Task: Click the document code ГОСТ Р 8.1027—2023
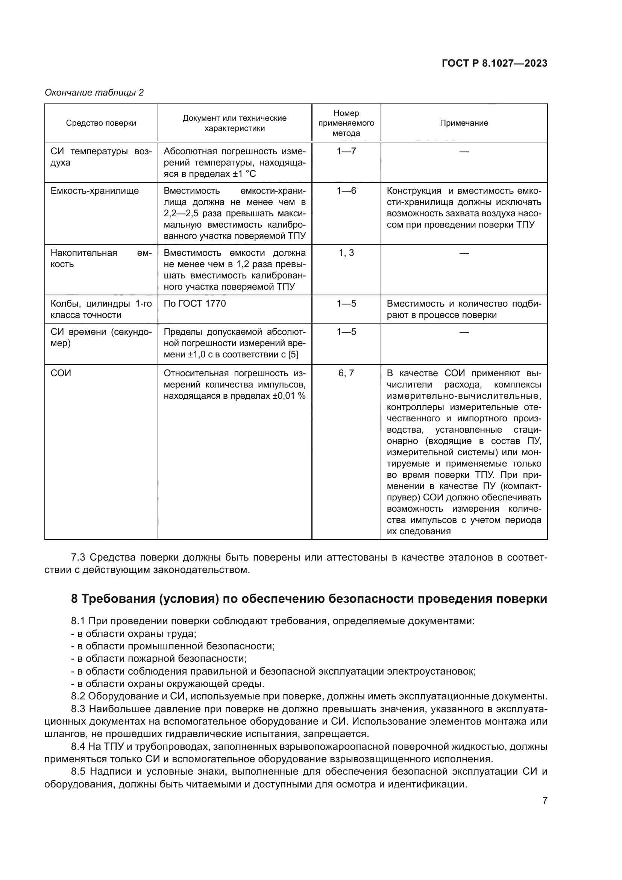pyautogui.click(x=495, y=63)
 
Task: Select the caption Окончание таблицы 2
pyautogui.click(x=94, y=93)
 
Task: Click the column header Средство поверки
pyautogui.click(x=101, y=123)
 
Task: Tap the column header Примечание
pyautogui.click(x=464, y=123)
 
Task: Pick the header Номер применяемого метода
pyautogui.click(x=346, y=123)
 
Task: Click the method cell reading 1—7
pyautogui.click(x=346, y=151)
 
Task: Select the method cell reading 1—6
pyautogui.click(x=346, y=191)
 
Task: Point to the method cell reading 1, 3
pyautogui.click(x=346, y=253)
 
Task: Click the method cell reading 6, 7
pyautogui.click(x=346, y=373)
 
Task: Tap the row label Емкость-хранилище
pyautogui.click(x=95, y=191)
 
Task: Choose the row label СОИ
pyautogui.click(x=61, y=373)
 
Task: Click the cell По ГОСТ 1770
pyautogui.click(x=194, y=304)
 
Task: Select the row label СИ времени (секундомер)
pyautogui.click(x=101, y=337)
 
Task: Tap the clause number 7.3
pyautogui.click(x=79, y=557)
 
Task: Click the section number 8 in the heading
pyautogui.click(x=74, y=599)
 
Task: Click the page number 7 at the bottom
pyautogui.click(x=545, y=800)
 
